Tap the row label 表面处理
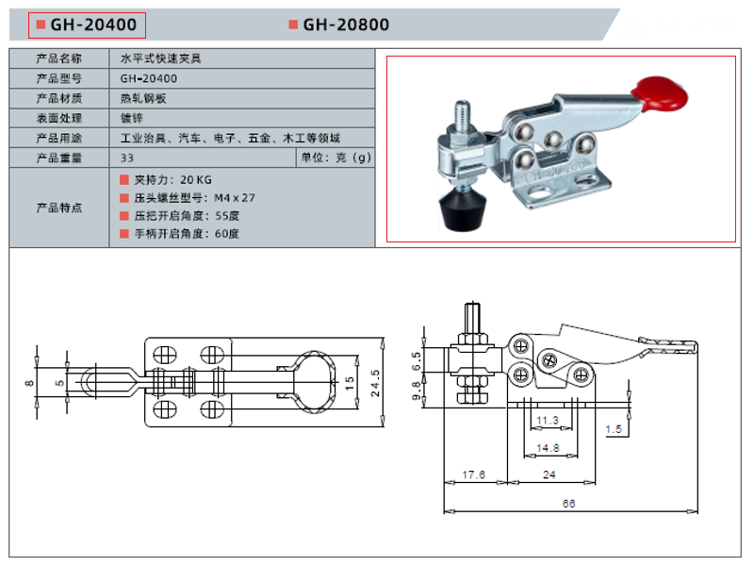coord(59,118)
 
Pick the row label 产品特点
coord(59,207)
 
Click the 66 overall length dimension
coord(568,504)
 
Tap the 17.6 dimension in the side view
coord(474,474)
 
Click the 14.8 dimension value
coord(548,448)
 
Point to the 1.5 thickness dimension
coord(614,429)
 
